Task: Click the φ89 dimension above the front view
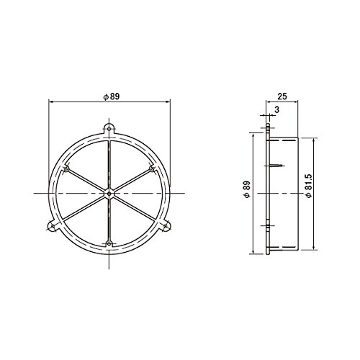[x=112, y=96]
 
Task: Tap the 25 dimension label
[x=282, y=96]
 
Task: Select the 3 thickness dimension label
[x=276, y=109]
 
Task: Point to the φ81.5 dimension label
[x=309, y=186]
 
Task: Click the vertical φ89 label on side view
[x=248, y=189]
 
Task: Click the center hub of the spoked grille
[x=109, y=193]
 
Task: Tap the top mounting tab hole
[x=109, y=129]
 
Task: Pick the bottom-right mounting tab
[x=166, y=226]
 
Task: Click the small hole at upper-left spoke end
[x=66, y=169]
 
